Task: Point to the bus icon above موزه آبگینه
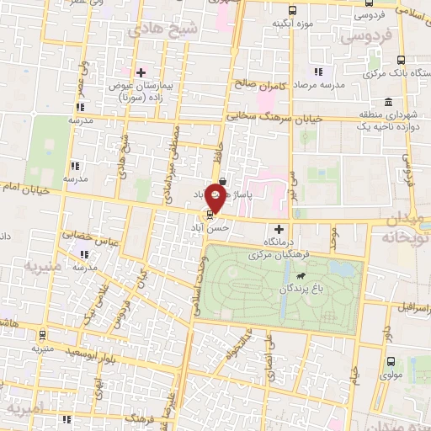tap(291, 10)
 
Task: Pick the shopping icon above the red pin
tap(221, 181)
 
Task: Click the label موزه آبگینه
tap(292, 24)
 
